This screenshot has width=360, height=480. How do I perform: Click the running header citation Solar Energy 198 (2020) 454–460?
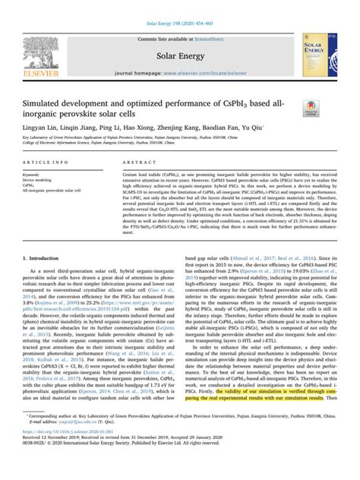[179, 5]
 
